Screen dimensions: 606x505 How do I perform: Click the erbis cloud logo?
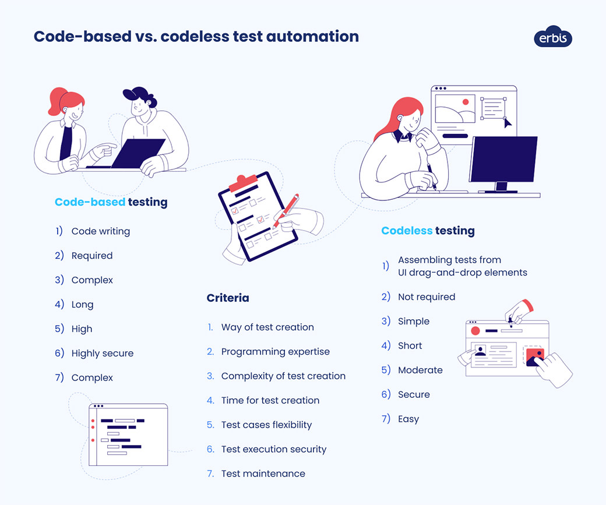[x=553, y=37]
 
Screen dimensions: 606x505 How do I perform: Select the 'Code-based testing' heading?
[x=111, y=202]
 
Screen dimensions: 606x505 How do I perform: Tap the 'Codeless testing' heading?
[x=428, y=231]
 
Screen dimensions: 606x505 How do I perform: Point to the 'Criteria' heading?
[x=228, y=298]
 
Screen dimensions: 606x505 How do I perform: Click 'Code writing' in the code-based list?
[x=101, y=231]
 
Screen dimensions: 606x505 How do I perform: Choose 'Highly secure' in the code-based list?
[x=103, y=353]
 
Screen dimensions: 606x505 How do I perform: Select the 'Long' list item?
[x=82, y=304]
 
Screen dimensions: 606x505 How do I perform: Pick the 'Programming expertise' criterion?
[x=276, y=351]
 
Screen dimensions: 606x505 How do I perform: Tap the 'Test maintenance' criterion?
[x=263, y=474]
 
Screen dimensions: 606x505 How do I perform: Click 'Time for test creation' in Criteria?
[x=270, y=400]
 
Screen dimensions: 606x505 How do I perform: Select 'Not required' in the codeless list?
[x=427, y=296]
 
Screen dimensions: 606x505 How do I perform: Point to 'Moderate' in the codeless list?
[x=420, y=370]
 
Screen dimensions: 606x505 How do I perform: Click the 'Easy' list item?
[x=408, y=419]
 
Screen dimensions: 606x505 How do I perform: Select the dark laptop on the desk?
[x=139, y=153]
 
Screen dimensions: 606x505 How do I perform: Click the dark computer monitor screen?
[x=503, y=159]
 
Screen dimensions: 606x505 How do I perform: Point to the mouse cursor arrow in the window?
[x=508, y=123]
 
